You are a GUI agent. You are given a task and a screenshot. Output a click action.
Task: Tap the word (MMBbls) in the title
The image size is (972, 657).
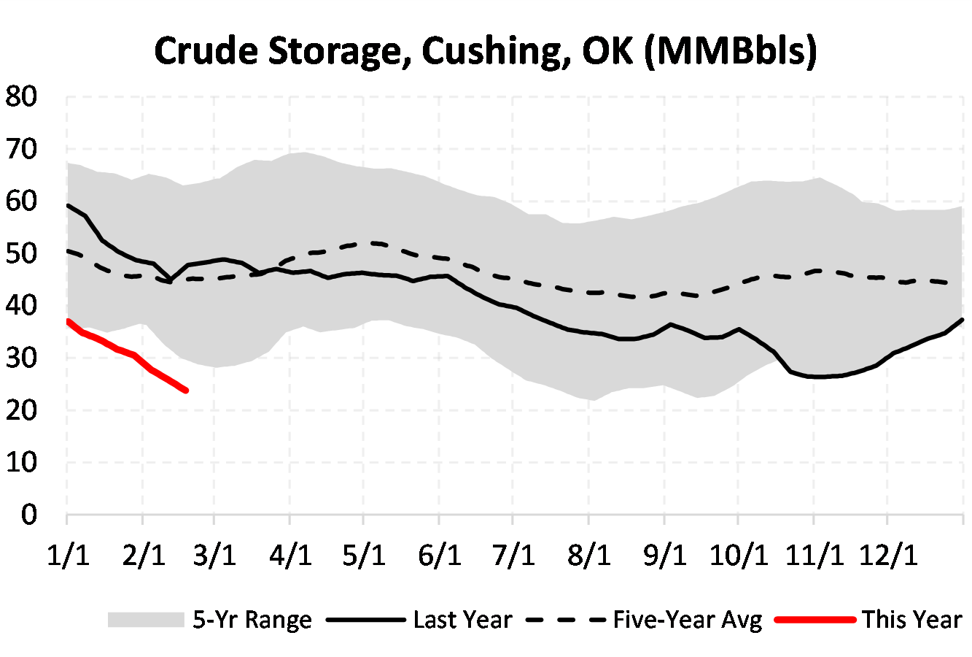coord(731,51)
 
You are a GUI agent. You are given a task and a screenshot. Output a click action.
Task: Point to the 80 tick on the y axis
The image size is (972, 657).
coord(21,96)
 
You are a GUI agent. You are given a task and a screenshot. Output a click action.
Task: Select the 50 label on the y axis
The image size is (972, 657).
coord(21,253)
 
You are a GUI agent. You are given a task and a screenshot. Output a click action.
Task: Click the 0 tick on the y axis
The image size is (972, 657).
coord(29,515)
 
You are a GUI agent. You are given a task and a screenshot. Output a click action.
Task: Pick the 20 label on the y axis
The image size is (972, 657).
coord(21,410)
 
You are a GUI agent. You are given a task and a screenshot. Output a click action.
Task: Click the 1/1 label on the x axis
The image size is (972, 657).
coord(68,556)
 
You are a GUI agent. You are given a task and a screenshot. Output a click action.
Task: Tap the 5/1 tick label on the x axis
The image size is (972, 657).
coord(365,556)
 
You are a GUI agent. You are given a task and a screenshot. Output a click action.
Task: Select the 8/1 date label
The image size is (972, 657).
coord(589,556)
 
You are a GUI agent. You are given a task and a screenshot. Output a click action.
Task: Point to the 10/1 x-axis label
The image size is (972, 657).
coord(739,556)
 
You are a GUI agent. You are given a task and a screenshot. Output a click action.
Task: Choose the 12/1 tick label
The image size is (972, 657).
coord(887,556)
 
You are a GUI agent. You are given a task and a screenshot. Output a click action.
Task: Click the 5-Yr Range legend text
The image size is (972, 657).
coord(252,620)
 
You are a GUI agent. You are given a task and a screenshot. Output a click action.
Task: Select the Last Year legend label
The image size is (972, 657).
coord(462,620)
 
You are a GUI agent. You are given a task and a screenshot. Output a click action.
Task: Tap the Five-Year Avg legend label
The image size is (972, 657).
coord(688,620)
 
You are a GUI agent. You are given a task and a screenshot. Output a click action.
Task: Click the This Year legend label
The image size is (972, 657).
coord(912,620)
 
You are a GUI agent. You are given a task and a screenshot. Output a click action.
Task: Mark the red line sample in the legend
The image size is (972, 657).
coord(815,620)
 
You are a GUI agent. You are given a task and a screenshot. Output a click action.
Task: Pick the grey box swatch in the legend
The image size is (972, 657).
coord(145,620)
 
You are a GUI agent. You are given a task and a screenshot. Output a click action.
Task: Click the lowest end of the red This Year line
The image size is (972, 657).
coord(186,391)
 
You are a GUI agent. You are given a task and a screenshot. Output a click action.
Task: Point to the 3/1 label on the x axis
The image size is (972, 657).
coord(216,556)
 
